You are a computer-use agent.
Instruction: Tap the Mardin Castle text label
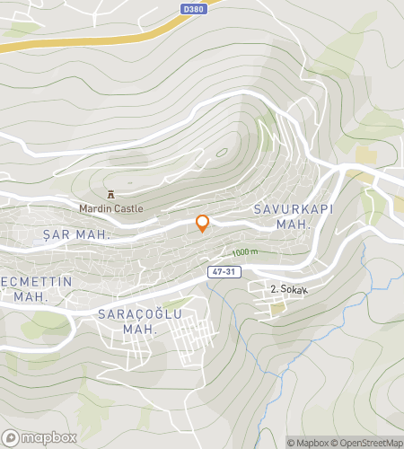tap(110, 208)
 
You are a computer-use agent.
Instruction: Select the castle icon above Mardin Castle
tap(110, 194)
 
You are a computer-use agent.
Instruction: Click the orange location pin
tap(203, 224)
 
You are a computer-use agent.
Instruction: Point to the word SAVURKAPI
tap(286, 208)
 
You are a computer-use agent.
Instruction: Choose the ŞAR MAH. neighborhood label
tap(76, 234)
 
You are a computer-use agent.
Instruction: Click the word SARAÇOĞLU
tap(139, 314)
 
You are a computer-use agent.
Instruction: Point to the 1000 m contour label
tap(244, 253)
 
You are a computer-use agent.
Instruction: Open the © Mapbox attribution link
tap(308, 442)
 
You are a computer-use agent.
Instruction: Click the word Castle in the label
tap(127, 208)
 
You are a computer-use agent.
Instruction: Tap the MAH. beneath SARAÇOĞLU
tap(139, 330)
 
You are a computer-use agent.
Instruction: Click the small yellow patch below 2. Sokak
tap(278, 308)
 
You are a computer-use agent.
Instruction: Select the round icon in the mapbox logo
tap(11, 437)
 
